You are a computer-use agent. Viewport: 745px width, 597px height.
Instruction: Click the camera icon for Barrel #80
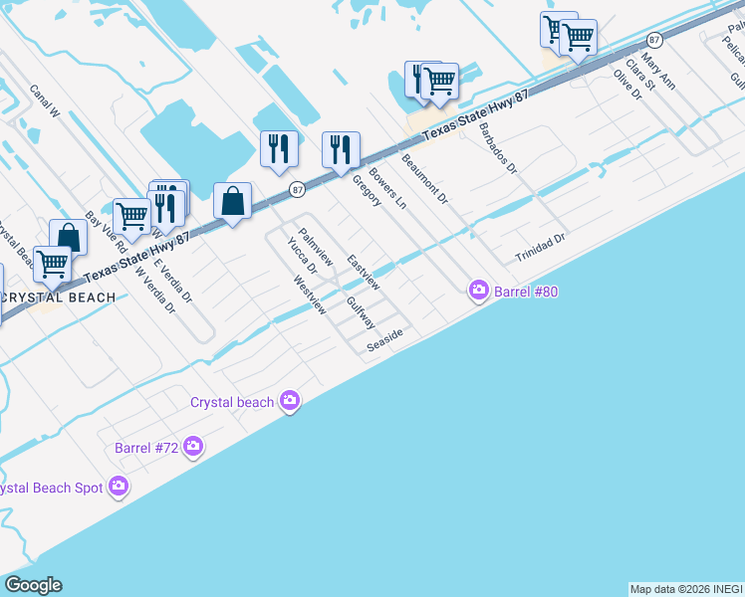click(479, 290)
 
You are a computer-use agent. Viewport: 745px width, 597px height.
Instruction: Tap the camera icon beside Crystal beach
click(290, 401)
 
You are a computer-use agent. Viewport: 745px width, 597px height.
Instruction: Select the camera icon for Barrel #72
click(193, 448)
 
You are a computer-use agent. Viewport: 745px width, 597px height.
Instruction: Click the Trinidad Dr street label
click(540, 249)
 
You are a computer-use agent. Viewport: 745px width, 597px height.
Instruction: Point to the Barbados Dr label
click(498, 149)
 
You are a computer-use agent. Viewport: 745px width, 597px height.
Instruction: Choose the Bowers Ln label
click(388, 187)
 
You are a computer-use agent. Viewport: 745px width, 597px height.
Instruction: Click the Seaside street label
click(384, 339)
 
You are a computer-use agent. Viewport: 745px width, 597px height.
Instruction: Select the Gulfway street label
click(361, 312)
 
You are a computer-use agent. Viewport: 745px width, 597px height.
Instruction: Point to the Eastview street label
click(364, 273)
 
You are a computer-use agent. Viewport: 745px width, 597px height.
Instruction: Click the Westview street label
click(310, 296)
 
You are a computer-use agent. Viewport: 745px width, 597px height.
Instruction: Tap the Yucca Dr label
click(302, 255)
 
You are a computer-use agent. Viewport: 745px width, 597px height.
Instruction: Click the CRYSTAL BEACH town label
click(58, 298)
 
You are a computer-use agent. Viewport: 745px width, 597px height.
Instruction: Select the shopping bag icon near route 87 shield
click(232, 202)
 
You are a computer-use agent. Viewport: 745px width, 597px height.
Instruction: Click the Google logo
click(33, 585)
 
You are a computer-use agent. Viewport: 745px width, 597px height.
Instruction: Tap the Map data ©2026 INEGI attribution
click(686, 589)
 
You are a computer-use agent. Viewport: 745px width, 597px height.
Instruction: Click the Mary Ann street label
click(658, 72)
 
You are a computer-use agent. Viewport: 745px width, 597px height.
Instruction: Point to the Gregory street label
click(367, 191)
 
